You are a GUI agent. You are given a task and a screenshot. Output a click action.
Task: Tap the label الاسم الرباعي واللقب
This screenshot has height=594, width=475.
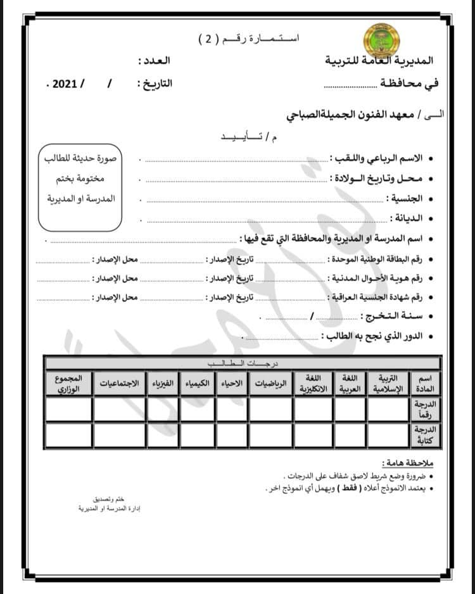coord(378,158)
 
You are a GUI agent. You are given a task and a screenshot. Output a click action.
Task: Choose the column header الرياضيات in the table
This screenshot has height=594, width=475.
coord(270,384)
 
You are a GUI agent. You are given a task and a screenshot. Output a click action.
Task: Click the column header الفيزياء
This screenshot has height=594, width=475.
coord(163,384)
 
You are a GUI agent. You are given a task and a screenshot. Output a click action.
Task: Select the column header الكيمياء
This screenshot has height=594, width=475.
coord(197,384)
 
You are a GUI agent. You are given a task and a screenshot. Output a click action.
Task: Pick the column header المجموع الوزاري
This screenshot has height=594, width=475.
coord(68,384)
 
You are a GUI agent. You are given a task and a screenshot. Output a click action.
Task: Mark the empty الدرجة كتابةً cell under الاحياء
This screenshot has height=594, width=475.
coord(232,434)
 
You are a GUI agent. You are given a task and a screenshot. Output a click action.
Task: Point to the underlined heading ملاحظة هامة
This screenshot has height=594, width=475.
coord(408,464)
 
